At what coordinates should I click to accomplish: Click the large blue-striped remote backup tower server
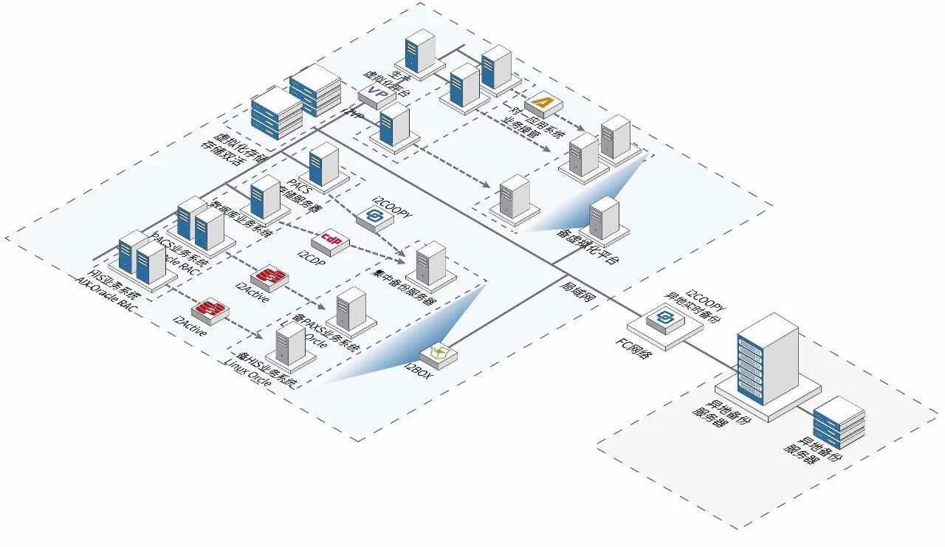[768, 357]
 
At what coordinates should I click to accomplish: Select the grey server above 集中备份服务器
[430, 263]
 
